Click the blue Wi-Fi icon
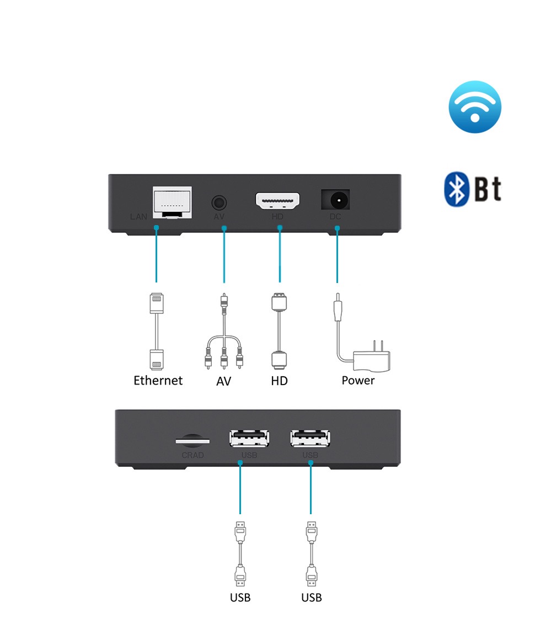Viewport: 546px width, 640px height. [475, 107]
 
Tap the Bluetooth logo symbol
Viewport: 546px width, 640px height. [457, 189]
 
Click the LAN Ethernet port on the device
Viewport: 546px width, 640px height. [172, 202]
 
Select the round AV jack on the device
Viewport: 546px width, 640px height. [219, 202]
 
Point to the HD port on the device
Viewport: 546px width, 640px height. [277, 201]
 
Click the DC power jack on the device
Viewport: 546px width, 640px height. [335, 200]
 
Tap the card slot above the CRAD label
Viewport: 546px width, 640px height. [192, 441]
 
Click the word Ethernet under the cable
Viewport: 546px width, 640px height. [158, 380]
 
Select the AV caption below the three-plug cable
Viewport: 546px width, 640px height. [223, 381]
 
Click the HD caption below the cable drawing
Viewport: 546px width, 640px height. [279, 381]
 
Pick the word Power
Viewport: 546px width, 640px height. [358, 380]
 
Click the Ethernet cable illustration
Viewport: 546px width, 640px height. [157, 331]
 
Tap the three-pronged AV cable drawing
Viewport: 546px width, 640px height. [223, 331]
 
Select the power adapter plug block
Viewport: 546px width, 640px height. [372, 358]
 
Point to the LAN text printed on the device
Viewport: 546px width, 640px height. [139, 217]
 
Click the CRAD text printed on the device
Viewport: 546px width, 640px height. [192, 455]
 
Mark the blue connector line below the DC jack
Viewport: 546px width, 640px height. [337, 255]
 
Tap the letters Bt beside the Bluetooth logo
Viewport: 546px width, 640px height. [487, 189]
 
